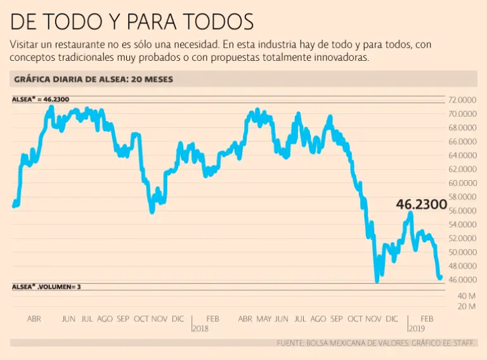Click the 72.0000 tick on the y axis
coord(462,100)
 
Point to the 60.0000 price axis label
coord(462,183)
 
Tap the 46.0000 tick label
coord(462,280)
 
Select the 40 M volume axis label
coord(467,296)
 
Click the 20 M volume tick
coord(467,307)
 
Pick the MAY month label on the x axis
coord(264,318)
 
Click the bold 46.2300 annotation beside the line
coord(421,205)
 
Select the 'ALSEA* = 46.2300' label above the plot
coord(41,100)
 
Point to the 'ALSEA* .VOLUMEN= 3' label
coord(46,286)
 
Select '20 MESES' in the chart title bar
coord(149,79)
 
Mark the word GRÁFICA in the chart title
coord(31,79)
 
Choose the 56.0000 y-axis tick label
coord(462,210)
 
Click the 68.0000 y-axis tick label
coord(462,127)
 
